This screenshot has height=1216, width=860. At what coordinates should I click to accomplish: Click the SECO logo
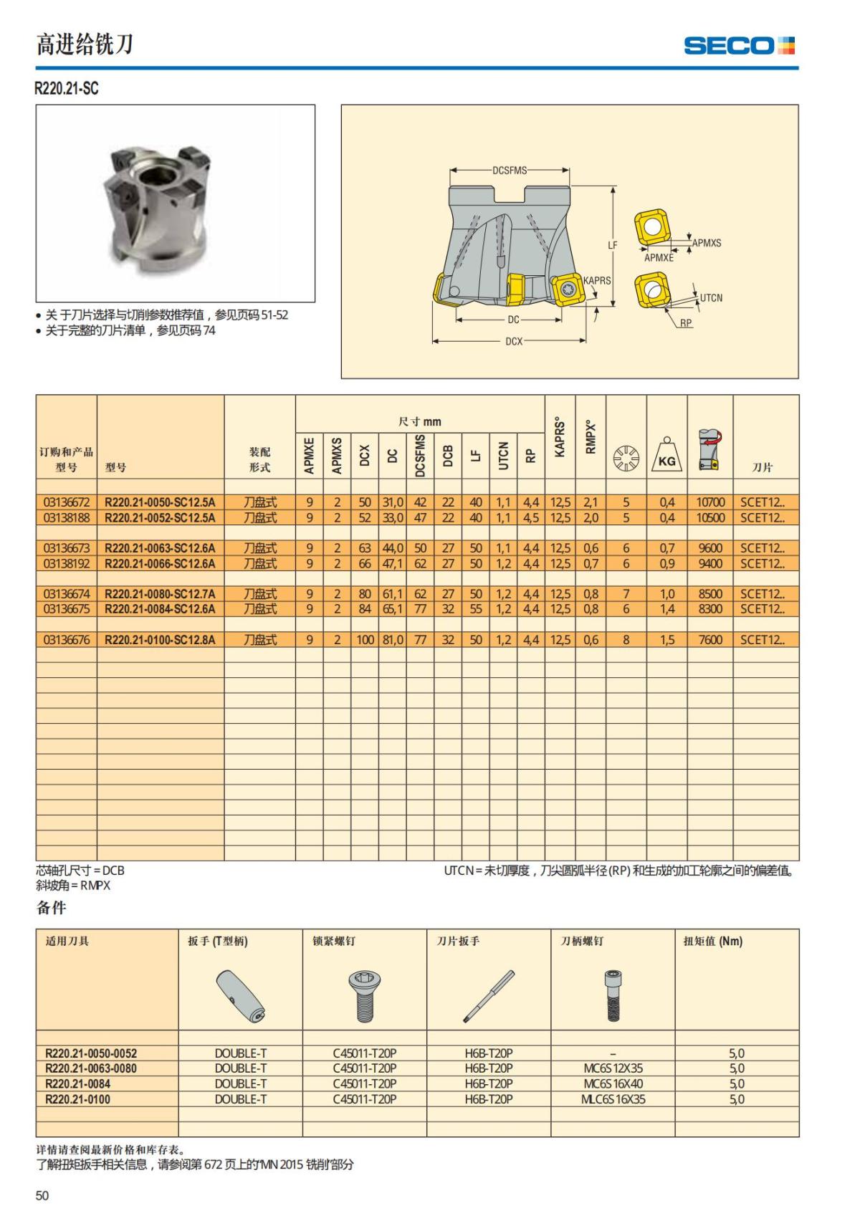coord(739,46)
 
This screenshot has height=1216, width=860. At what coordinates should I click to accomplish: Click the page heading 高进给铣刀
coord(85,44)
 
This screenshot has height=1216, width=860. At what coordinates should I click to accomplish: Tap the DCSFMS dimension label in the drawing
coord(510,171)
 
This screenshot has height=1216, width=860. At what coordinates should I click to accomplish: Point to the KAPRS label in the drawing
coord(597,280)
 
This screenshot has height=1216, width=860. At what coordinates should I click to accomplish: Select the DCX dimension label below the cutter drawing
coord(514,341)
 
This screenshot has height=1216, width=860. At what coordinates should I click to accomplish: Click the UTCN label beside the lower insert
coord(711,297)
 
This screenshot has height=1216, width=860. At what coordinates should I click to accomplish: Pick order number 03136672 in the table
coord(67,502)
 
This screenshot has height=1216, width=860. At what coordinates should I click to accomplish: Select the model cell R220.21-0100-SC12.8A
coord(160,640)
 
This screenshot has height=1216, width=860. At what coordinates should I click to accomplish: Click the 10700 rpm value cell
coord(710,502)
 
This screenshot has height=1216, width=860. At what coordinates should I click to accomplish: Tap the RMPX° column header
coord(591,436)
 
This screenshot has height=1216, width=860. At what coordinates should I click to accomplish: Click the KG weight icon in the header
coord(666,456)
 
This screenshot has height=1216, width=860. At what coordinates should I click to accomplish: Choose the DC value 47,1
coord(392,564)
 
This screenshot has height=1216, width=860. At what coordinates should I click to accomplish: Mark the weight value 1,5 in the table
coord(666,640)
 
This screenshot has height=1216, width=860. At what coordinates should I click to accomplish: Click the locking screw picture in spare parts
coord(364,995)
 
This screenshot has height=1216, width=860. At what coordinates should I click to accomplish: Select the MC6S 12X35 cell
coord(613,1068)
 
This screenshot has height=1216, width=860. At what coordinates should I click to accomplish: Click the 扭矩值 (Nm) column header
coord(712,941)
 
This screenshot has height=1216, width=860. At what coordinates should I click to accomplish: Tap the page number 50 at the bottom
coord(42,1195)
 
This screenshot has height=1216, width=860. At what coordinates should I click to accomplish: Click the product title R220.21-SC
coord(67,88)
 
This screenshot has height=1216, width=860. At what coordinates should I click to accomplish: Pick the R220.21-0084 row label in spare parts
coord(77,1084)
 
